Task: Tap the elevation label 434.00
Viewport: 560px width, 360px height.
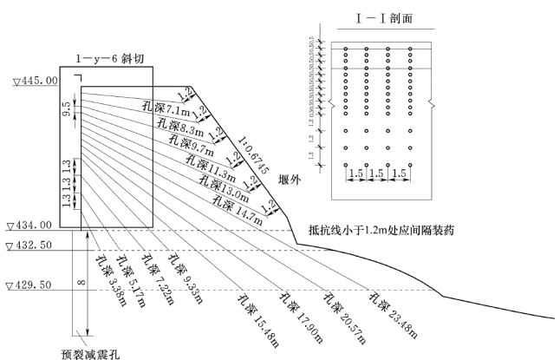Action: tap(33, 225)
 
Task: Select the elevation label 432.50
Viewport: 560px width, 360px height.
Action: tap(33, 246)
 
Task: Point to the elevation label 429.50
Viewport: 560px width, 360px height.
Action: tap(33, 285)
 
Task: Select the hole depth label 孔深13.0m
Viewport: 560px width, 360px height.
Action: tap(219, 183)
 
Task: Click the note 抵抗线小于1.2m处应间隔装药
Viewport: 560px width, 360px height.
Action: tap(381, 230)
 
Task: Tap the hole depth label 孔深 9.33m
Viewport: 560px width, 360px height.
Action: tap(185, 278)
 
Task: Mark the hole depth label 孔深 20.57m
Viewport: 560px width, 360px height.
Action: tap(342, 304)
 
